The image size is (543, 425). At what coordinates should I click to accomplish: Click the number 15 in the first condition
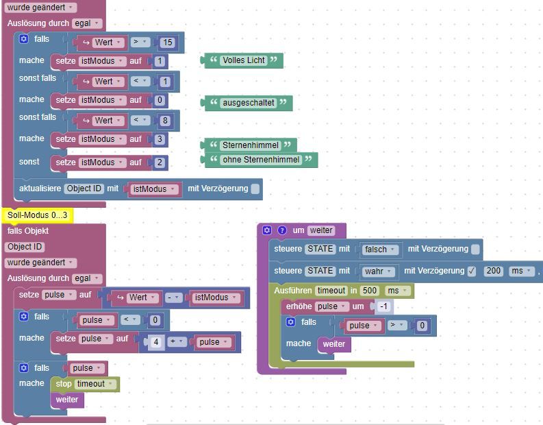(x=168, y=42)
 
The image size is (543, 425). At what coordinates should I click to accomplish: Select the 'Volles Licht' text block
(x=244, y=60)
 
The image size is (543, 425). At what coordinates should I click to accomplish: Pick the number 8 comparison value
(x=165, y=121)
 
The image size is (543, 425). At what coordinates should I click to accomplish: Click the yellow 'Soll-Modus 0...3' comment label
(x=38, y=215)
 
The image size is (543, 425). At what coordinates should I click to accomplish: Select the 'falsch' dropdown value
(x=379, y=250)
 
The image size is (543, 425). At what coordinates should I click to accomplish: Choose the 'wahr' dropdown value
(x=378, y=271)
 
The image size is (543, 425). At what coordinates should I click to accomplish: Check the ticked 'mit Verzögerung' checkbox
(x=472, y=271)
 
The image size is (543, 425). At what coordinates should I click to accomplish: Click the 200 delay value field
(x=494, y=271)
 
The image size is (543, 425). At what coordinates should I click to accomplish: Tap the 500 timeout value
(x=370, y=291)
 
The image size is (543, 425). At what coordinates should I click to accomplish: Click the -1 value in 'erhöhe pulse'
(x=383, y=306)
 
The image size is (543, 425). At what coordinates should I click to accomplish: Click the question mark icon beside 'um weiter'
(x=282, y=230)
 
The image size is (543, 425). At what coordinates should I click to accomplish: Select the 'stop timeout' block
(x=85, y=384)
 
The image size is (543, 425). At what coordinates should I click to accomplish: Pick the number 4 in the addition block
(x=156, y=342)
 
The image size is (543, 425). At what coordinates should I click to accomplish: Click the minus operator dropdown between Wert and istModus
(x=173, y=297)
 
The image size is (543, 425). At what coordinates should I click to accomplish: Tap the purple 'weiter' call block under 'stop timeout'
(x=67, y=400)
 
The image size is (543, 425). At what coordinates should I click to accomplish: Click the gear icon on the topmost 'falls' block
(x=23, y=39)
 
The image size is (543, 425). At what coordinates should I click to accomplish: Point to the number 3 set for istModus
(x=160, y=139)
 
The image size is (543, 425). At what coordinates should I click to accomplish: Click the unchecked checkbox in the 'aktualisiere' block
(x=255, y=189)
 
